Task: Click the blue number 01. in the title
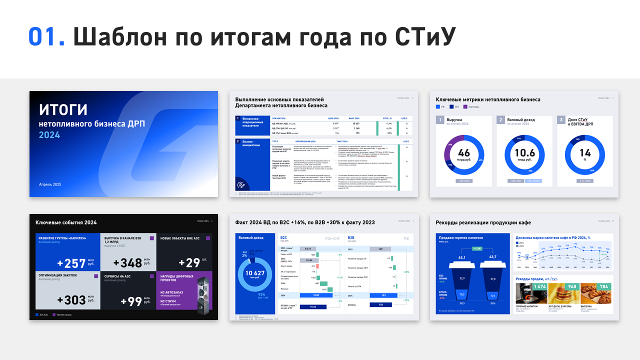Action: click(46, 36)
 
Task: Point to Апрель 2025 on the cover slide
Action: click(50, 184)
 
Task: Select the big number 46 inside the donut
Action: click(464, 153)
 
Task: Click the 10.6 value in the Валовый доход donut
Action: click(524, 153)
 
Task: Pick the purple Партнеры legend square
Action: click(465, 106)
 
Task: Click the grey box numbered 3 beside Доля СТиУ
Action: click(561, 120)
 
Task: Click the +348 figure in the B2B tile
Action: click(128, 263)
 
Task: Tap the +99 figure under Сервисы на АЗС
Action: click(131, 301)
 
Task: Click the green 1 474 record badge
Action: click(539, 286)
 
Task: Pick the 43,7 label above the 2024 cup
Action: click(493, 257)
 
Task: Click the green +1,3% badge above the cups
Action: click(477, 248)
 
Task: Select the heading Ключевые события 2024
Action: click(66, 222)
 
